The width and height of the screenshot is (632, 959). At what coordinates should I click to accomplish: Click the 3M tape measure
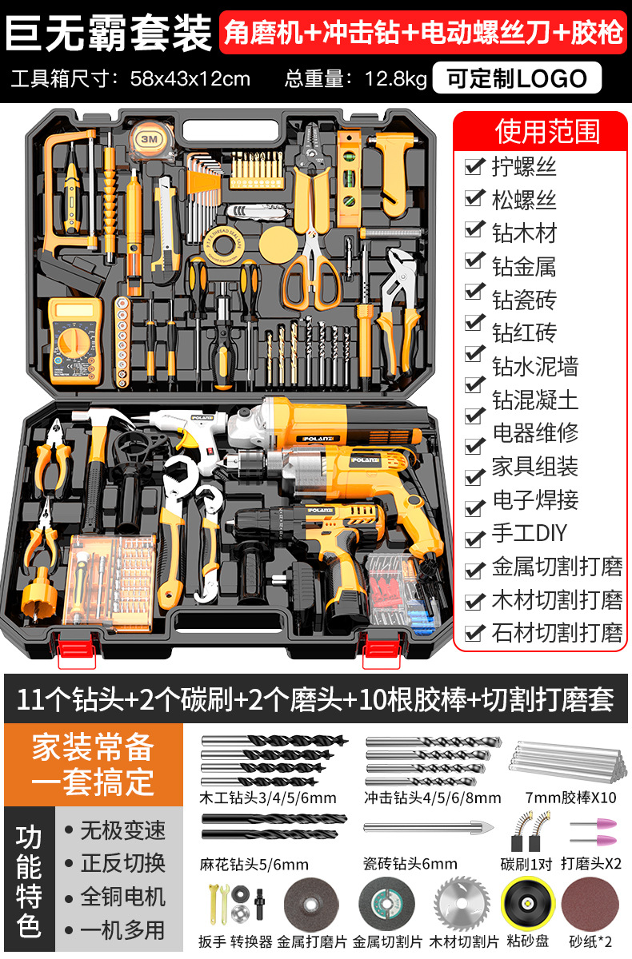pos(150,141)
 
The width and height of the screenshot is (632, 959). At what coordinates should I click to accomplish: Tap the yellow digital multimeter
pos(76,341)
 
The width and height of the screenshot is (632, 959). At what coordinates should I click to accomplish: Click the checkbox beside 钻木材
pos(474,230)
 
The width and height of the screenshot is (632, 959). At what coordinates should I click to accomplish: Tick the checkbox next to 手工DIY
pos(474,538)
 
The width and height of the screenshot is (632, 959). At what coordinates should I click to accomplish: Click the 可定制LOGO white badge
pos(517,78)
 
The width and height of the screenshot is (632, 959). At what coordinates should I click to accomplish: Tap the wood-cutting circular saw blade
pos(462,904)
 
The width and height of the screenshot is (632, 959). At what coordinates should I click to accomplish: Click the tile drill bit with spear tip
pos(429,826)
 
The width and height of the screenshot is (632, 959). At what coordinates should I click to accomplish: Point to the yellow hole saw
pos(39,594)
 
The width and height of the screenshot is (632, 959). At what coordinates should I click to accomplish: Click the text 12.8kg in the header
pos(395,79)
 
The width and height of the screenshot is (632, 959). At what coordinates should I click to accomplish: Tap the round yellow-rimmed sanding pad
pos(527,904)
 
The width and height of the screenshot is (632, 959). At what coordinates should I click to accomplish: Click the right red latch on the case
pos(381,650)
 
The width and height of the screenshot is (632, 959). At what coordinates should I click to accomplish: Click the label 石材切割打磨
pos(557,633)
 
